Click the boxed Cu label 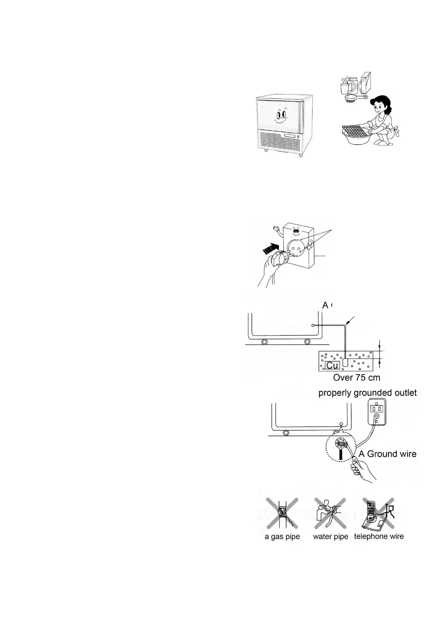pyautogui.click(x=332, y=365)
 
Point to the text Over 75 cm pyautogui.click(x=357, y=378)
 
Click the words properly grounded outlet pyautogui.click(x=367, y=393)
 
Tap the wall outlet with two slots pyautogui.click(x=376, y=412)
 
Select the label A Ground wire pyautogui.click(x=387, y=454)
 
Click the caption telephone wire pyautogui.click(x=379, y=536)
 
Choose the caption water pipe pyautogui.click(x=330, y=537)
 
